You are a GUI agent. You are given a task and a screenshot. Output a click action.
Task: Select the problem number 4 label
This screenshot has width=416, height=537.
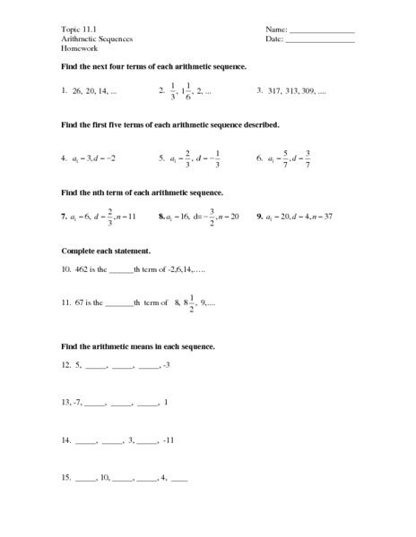(x=64, y=158)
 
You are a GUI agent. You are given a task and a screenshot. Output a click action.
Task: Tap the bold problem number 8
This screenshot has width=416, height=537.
(x=160, y=217)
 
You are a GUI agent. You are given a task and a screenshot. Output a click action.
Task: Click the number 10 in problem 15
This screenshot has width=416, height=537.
(x=105, y=478)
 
